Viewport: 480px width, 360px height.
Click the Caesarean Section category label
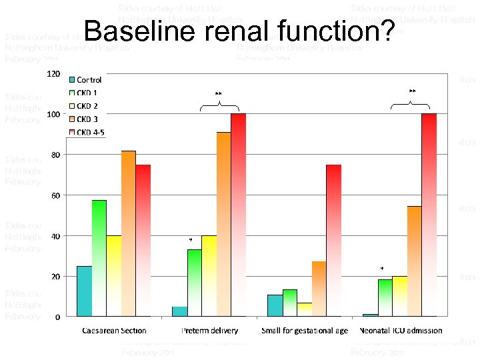coord(114,331)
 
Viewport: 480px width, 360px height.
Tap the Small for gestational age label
coord(305,331)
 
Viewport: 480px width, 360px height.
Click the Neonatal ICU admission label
coord(401,331)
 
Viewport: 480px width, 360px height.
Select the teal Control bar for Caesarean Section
coord(85,291)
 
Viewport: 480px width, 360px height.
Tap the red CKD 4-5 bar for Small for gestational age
coord(333,240)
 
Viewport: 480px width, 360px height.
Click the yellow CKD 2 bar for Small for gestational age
coord(305,309)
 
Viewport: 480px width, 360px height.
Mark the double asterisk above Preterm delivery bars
coord(218,93)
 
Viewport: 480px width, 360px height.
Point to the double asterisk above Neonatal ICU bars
coord(412,91)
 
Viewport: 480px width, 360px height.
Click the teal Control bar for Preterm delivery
coord(179,311)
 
